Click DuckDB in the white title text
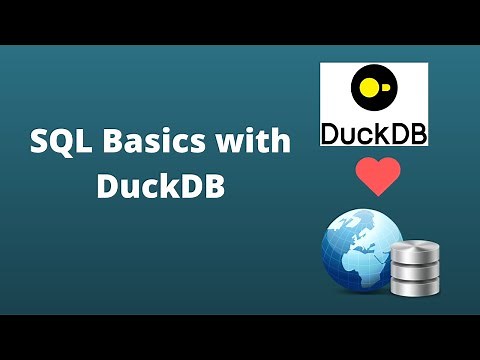160,187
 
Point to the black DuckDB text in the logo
373,131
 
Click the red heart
378,176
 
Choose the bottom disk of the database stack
415,284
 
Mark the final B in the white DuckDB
213,187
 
